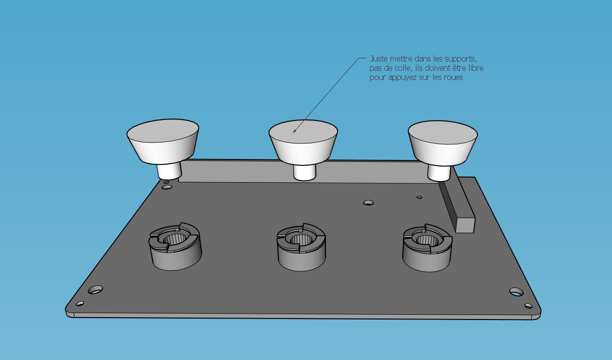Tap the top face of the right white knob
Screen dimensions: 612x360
pos(443,132)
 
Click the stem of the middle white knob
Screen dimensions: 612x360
pos(305,173)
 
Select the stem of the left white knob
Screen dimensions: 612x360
pos(169,171)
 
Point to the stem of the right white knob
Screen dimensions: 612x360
pos(439,173)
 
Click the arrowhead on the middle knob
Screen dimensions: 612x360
pos(295,130)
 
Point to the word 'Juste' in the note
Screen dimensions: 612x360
pos(379,59)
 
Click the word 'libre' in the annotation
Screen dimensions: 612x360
pos(475,68)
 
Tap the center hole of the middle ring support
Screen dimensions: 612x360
pos(301,240)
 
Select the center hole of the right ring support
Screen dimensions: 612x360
pos(428,240)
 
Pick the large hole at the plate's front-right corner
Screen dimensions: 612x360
pos(516,291)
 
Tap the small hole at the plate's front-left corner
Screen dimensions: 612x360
pos(80,303)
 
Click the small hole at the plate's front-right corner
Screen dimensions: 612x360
pos(529,305)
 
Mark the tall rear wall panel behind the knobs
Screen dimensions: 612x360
pos(303,172)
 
